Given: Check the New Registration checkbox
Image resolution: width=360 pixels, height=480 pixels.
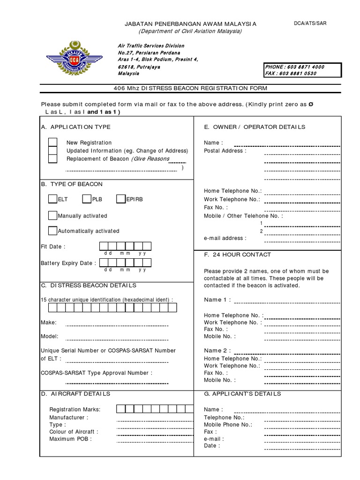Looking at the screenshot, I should coord(53,142).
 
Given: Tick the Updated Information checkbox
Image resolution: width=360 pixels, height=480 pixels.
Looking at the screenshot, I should coord(53,151).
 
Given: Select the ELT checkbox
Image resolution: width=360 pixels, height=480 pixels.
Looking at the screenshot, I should coord(52,199).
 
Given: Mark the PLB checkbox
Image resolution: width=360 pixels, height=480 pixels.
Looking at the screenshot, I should coord(87,199).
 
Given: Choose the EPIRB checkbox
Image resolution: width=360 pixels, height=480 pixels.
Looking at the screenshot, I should coord(121,199).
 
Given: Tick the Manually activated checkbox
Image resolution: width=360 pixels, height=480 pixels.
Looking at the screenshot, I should coord(52,216).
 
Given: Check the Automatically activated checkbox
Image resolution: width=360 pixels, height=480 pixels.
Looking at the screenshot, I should coord(52,231).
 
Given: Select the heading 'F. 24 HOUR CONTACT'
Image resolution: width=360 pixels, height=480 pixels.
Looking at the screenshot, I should coord(238,255).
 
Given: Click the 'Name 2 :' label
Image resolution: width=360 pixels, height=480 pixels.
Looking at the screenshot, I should coord(218,351).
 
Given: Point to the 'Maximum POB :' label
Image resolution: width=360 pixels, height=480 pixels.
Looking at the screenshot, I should coord(71,439).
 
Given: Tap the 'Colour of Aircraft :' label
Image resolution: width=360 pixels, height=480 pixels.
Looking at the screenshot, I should coord(74,432).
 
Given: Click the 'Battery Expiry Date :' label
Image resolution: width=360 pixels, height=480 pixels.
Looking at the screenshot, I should coord(68,263).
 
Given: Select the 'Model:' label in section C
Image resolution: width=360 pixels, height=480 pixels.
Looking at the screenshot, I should coord(50,337).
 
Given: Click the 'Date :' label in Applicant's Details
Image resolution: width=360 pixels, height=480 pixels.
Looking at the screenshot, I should coord(212,446).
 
